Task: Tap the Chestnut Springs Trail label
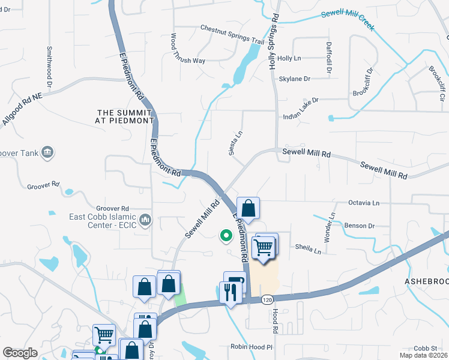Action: point(232,35)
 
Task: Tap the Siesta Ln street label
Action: point(236,143)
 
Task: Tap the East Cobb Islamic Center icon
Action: point(145,221)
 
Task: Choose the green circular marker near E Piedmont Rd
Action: point(226,236)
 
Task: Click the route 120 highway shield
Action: point(266,299)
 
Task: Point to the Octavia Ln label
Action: point(364,203)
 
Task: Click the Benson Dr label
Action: point(360,226)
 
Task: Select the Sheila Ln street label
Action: point(308,247)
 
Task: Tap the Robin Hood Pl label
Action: point(252,347)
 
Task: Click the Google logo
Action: point(20,353)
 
